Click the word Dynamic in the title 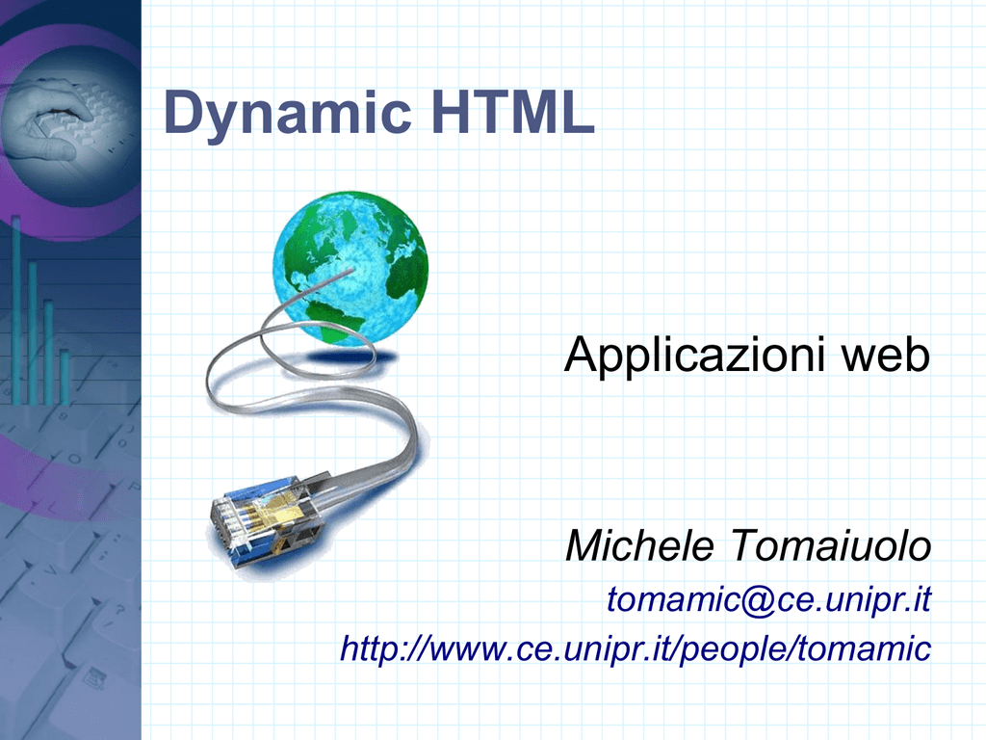287,114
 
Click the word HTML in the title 513,112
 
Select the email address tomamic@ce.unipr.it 768,599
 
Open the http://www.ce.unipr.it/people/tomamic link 636,648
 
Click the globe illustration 350,269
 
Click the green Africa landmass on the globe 405,271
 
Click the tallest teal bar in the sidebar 16,310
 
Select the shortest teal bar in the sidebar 65,377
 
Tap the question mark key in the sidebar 119,609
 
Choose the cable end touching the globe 352,270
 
